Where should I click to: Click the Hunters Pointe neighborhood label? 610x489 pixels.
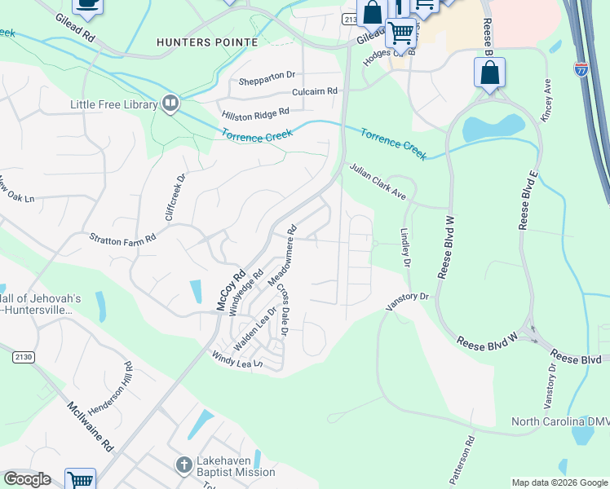[x=207, y=42]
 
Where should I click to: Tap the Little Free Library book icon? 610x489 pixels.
[x=170, y=103]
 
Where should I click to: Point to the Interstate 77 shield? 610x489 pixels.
[x=581, y=68]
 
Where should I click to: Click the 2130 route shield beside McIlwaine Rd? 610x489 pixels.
[x=23, y=357]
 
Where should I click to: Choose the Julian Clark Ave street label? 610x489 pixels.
[x=378, y=182]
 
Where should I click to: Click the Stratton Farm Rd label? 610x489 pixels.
[x=122, y=238]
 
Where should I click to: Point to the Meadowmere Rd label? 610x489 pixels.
[x=282, y=255]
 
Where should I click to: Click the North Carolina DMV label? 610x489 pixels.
[x=560, y=421]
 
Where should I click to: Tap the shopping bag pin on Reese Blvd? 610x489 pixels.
[x=489, y=72]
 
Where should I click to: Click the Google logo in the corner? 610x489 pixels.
[x=27, y=479]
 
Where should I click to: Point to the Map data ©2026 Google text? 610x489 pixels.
[x=559, y=482]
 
